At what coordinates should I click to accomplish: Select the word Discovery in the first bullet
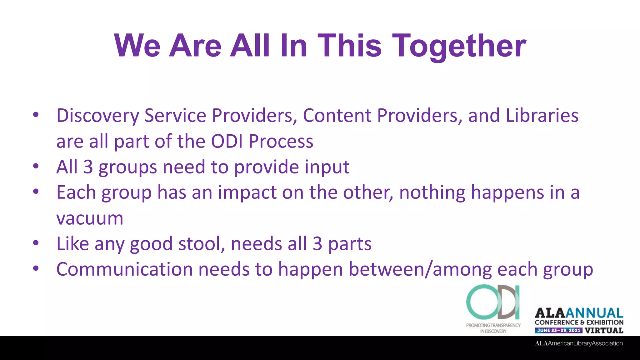[97, 116]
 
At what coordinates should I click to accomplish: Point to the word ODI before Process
[227, 141]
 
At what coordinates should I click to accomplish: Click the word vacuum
[90, 218]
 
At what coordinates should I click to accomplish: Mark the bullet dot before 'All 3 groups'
[36, 166]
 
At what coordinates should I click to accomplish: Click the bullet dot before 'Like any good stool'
[36, 243]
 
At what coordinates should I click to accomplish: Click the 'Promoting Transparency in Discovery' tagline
[493, 328]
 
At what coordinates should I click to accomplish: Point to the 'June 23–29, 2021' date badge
[558, 330]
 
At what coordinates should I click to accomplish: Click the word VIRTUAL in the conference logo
[604, 330]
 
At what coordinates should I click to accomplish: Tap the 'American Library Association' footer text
[579, 343]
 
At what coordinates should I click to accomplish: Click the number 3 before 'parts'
[317, 243]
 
